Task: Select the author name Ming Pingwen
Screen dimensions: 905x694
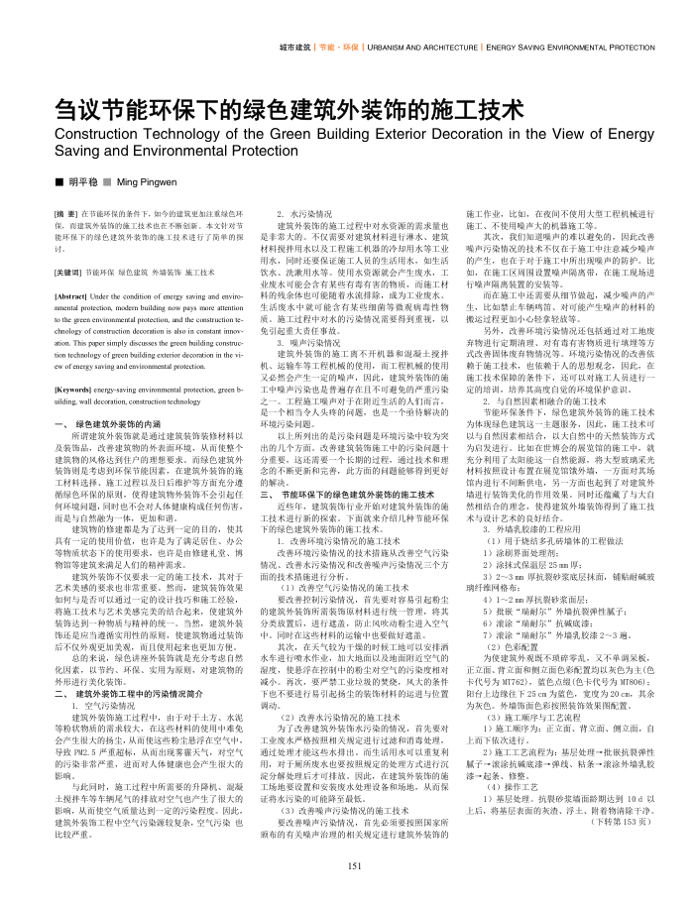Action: pos(150,183)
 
